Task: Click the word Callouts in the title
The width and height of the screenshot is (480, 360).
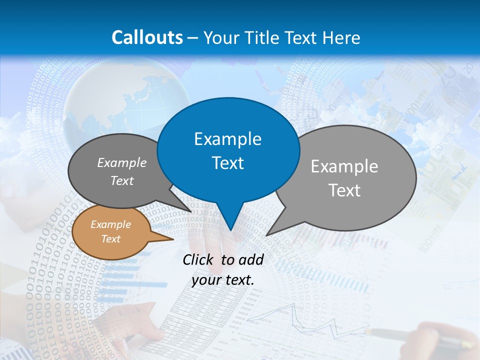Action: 147,37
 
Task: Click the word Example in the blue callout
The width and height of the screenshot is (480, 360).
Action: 227,139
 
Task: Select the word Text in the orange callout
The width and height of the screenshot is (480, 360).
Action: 110,239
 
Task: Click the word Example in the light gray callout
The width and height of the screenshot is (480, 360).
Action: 344,166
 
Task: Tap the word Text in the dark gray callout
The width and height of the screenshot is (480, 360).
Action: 121,181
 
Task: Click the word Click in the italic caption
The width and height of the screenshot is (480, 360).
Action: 198,259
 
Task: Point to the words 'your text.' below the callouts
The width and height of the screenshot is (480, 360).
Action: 222,280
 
